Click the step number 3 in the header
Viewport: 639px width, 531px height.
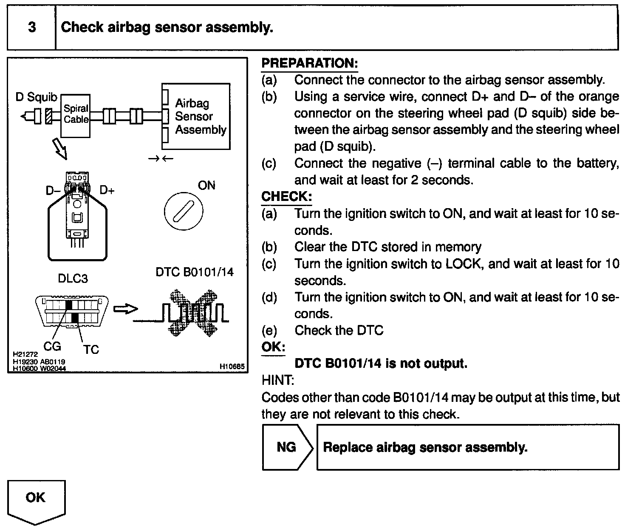pyautogui.click(x=32, y=28)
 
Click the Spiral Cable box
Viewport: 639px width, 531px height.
pyautogui.click(x=76, y=115)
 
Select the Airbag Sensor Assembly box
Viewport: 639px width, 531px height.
pyautogui.click(x=196, y=116)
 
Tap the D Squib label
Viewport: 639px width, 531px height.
pyautogui.click(x=36, y=97)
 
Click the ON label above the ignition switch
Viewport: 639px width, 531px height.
pyautogui.click(x=206, y=185)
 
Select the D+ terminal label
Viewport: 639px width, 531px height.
pyautogui.click(x=107, y=191)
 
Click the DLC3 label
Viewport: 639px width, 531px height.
pyautogui.click(x=73, y=279)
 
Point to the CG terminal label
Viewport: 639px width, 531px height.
pyautogui.click(x=52, y=346)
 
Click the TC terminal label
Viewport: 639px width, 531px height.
pyautogui.click(x=90, y=349)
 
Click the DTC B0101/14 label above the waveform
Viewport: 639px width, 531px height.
pyautogui.click(x=195, y=272)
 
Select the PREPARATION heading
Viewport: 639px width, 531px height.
pyautogui.click(x=309, y=63)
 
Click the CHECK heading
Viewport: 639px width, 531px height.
pyautogui.click(x=286, y=196)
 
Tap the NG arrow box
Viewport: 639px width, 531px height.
pyautogui.click(x=287, y=447)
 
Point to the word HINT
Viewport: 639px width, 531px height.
pyautogui.click(x=278, y=380)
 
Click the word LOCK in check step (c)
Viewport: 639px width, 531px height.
pyautogui.click(x=463, y=264)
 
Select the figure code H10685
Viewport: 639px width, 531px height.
pyautogui.click(x=232, y=366)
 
